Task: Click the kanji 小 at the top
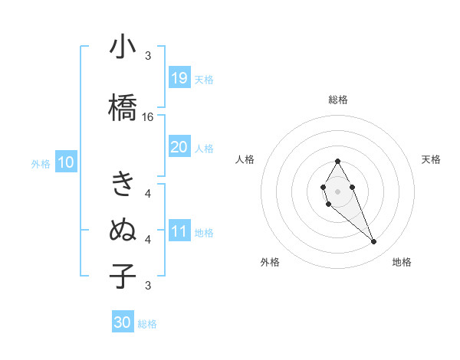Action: point(123,47)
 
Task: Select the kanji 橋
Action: point(123,106)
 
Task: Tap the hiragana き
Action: point(123,184)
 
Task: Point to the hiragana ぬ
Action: point(123,230)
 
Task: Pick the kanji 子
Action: point(123,276)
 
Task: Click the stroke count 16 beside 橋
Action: point(148,117)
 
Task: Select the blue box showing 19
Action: point(179,78)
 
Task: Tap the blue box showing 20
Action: point(179,148)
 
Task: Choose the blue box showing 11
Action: point(179,232)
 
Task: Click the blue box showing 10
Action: point(65,163)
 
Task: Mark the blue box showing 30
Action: point(123,322)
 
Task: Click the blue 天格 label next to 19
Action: point(204,79)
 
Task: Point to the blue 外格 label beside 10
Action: point(41,164)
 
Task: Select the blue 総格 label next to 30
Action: point(147,324)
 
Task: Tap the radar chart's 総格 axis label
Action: point(337,100)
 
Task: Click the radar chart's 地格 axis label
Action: point(402,262)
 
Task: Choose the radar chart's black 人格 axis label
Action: point(245,159)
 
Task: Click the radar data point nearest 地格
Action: point(373,242)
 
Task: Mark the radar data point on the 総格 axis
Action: point(337,162)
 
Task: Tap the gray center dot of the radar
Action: point(337,190)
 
